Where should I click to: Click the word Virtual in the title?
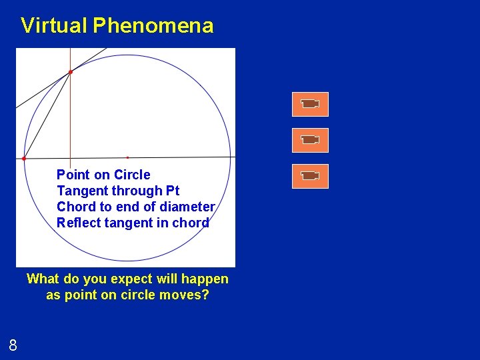click(x=53, y=25)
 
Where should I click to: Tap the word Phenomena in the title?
click(x=153, y=25)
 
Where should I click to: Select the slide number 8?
click(x=13, y=345)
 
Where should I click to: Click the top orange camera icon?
click(x=310, y=104)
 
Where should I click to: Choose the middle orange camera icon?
click(x=310, y=140)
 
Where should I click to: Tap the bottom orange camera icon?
click(x=310, y=176)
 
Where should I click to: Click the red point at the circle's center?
click(x=127, y=157)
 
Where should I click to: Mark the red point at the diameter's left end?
click(x=24, y=159)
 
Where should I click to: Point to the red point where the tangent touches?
click(x=71, y=71)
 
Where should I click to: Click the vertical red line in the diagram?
click(x=70, y=120)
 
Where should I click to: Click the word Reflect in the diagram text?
click(x=77, y=223)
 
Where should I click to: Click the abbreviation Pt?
click(x=172, y=191)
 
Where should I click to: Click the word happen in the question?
click(x=205, y=279)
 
